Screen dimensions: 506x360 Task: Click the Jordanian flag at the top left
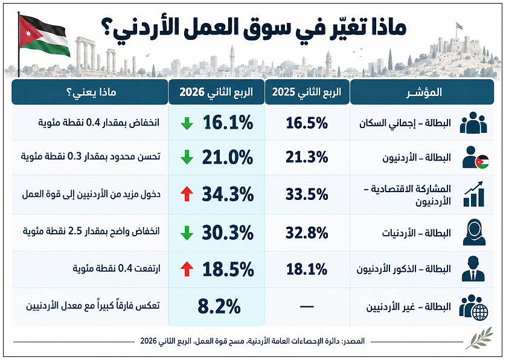[44, 36]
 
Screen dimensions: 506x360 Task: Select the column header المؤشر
[424, 92]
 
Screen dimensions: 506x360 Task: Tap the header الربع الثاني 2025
[307, 92]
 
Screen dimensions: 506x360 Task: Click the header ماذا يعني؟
[91, 92]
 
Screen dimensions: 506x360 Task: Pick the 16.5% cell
[307, 123]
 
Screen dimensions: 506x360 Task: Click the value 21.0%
[228, 158]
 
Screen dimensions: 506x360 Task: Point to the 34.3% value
[228, 194]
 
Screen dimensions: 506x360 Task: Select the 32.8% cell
[307, 233]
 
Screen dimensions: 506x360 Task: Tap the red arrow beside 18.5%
[187, 269]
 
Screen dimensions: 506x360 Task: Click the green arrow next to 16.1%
[187, 123]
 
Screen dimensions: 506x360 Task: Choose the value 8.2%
[219, 306]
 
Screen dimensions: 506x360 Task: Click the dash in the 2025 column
[307, 306]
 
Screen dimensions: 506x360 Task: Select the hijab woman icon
[474, 232]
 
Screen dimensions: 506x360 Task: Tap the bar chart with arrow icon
[474, 194]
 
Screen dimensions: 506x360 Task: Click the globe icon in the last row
[479, 311]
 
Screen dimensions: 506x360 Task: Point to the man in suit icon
[473, 269]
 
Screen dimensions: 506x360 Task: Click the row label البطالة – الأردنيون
[417, 158]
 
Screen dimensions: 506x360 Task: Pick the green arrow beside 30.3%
[187, 233]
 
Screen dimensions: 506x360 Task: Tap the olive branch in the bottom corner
[480, 338]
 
